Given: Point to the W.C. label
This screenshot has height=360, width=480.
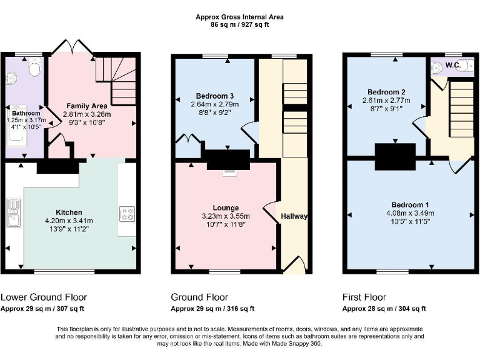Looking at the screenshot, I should click(451, 64).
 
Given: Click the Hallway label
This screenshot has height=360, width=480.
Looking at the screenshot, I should click(294, 216).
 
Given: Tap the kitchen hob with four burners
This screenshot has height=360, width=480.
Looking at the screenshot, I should click(127, 214).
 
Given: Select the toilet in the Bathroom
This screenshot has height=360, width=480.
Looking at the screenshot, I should click(34, 67).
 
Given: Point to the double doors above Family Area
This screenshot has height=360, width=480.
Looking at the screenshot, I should click(68, 47).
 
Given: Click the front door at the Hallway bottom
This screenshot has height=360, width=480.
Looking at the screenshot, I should click(294, 266).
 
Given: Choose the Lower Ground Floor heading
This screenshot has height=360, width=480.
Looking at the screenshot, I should click(44, 297).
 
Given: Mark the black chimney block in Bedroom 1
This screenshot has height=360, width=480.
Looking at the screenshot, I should click(395, 156).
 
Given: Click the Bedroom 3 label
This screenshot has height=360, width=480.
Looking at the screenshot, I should click(214, 96).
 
